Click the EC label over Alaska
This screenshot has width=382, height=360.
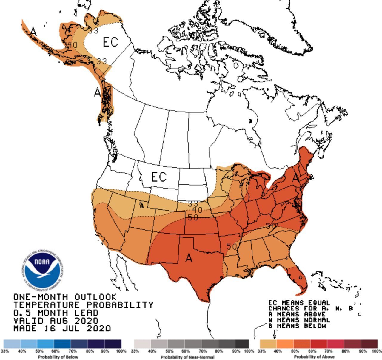coord(110,42)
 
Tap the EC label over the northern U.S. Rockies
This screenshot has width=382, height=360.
coord(158,177)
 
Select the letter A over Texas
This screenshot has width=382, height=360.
coord(189,258)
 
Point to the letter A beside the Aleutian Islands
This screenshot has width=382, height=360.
coord(33,31)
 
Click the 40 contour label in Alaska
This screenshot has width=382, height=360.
coord(72,45)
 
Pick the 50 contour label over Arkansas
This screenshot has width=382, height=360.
coord(232,247)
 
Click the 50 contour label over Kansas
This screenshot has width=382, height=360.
coord(192,218)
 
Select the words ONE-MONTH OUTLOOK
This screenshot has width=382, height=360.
coord(65,297)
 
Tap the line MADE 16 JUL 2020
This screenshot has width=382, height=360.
coord(62,328)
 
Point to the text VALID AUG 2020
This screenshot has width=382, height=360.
coord(56,321)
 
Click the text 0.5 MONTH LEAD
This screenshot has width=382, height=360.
coord(56,313)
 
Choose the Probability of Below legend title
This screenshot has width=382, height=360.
coord(58,357)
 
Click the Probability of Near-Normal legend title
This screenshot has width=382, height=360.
coord(187,357)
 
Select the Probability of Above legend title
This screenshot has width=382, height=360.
coord(314,357)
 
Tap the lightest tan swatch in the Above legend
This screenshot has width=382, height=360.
coord(268,344)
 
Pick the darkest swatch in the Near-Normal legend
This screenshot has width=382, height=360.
coord(242,344)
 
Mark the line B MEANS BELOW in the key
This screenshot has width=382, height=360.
coord(297,326)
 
